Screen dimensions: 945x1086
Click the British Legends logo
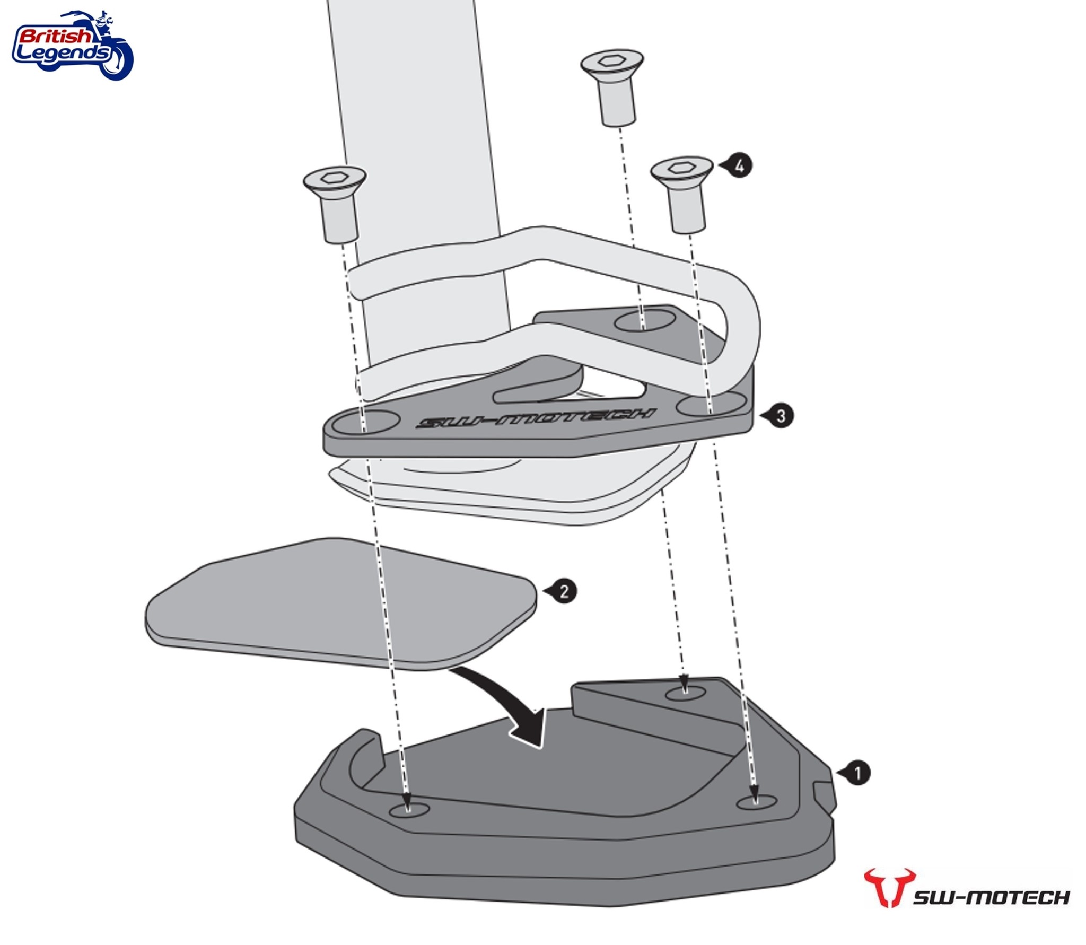(x=72, y=45)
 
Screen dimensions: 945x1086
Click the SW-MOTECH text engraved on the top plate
(x=536, y=418)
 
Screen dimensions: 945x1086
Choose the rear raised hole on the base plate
(x=686, y=693)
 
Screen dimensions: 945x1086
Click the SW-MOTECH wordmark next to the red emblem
(x=991, y=897)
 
